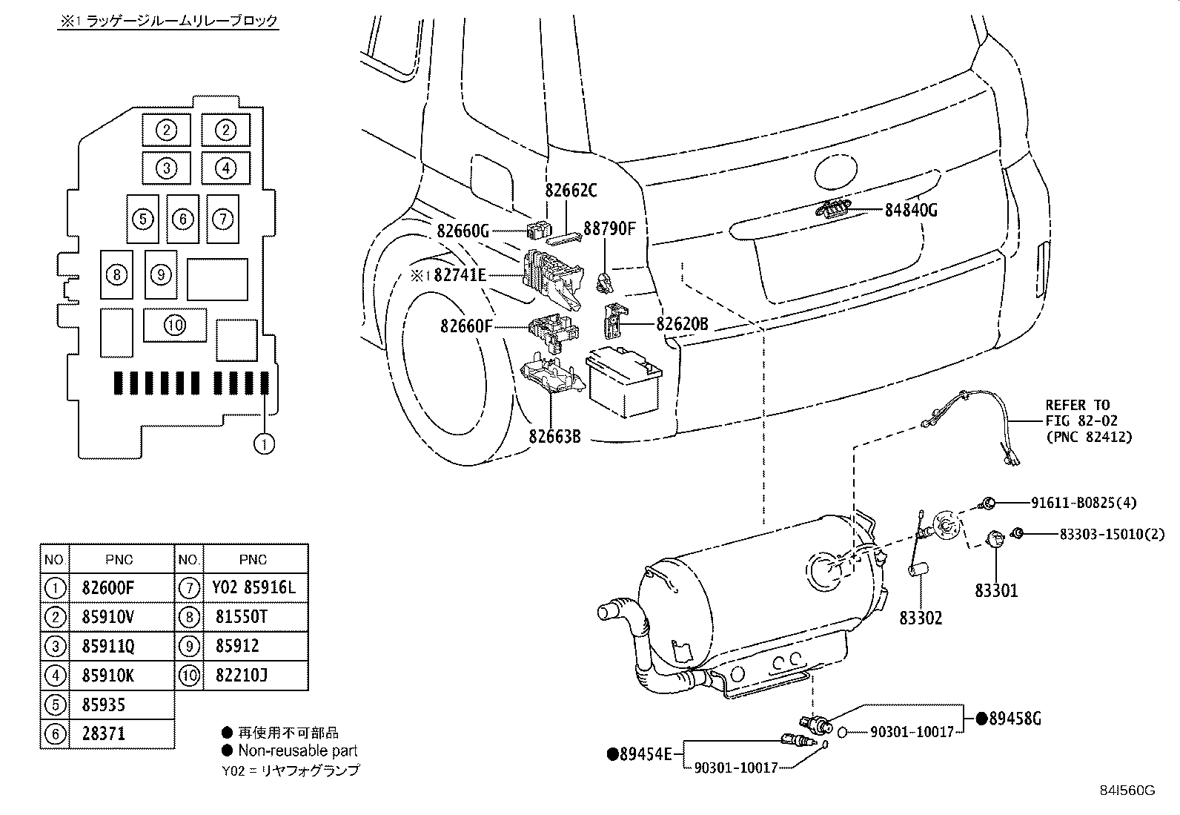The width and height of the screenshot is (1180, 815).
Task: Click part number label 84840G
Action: (x=911, y=211)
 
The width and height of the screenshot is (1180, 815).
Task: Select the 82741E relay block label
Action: (x=460, y=275)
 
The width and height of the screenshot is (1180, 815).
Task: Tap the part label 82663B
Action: (x=554, y=437)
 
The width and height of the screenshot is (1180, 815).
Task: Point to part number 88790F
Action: (x=609, y=229)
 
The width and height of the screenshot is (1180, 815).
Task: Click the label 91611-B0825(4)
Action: (x=1084, y=502)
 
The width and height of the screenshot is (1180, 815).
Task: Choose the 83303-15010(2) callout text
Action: (x=1112, y=534)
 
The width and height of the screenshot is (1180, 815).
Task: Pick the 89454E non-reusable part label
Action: (x=640, y=754)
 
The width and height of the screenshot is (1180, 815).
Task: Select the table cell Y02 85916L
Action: (x=254, y=587)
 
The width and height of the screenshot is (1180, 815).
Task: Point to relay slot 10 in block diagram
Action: (x=175, y=325)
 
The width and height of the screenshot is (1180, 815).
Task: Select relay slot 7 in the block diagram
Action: (x=223, y=219)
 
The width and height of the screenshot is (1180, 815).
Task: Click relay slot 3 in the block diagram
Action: (x=167, y=168)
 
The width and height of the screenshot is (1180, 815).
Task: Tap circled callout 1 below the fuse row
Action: (x=264, y=444)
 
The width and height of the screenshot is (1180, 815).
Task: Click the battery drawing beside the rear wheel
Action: (x=623, y=381)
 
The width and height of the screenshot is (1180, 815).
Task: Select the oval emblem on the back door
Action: (x=835, y=172)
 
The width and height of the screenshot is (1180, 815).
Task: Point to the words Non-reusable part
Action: (x=298, y=750)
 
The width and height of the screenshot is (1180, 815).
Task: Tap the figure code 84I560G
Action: (x=1127, y=791)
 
